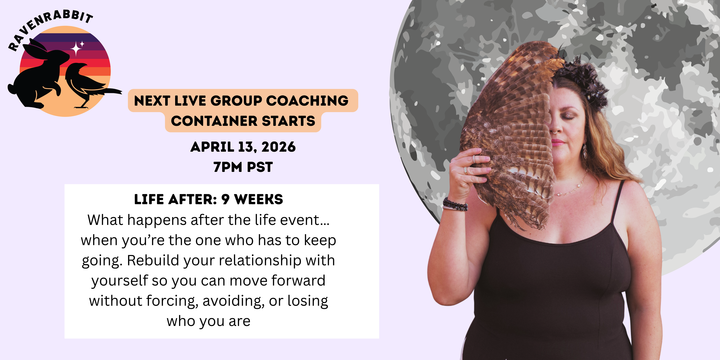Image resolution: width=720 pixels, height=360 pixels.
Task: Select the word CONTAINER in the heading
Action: pos(214,121)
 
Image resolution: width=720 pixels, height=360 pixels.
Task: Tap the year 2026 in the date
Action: pos(278,147)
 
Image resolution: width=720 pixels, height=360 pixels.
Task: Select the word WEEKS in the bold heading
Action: pos(259,199)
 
